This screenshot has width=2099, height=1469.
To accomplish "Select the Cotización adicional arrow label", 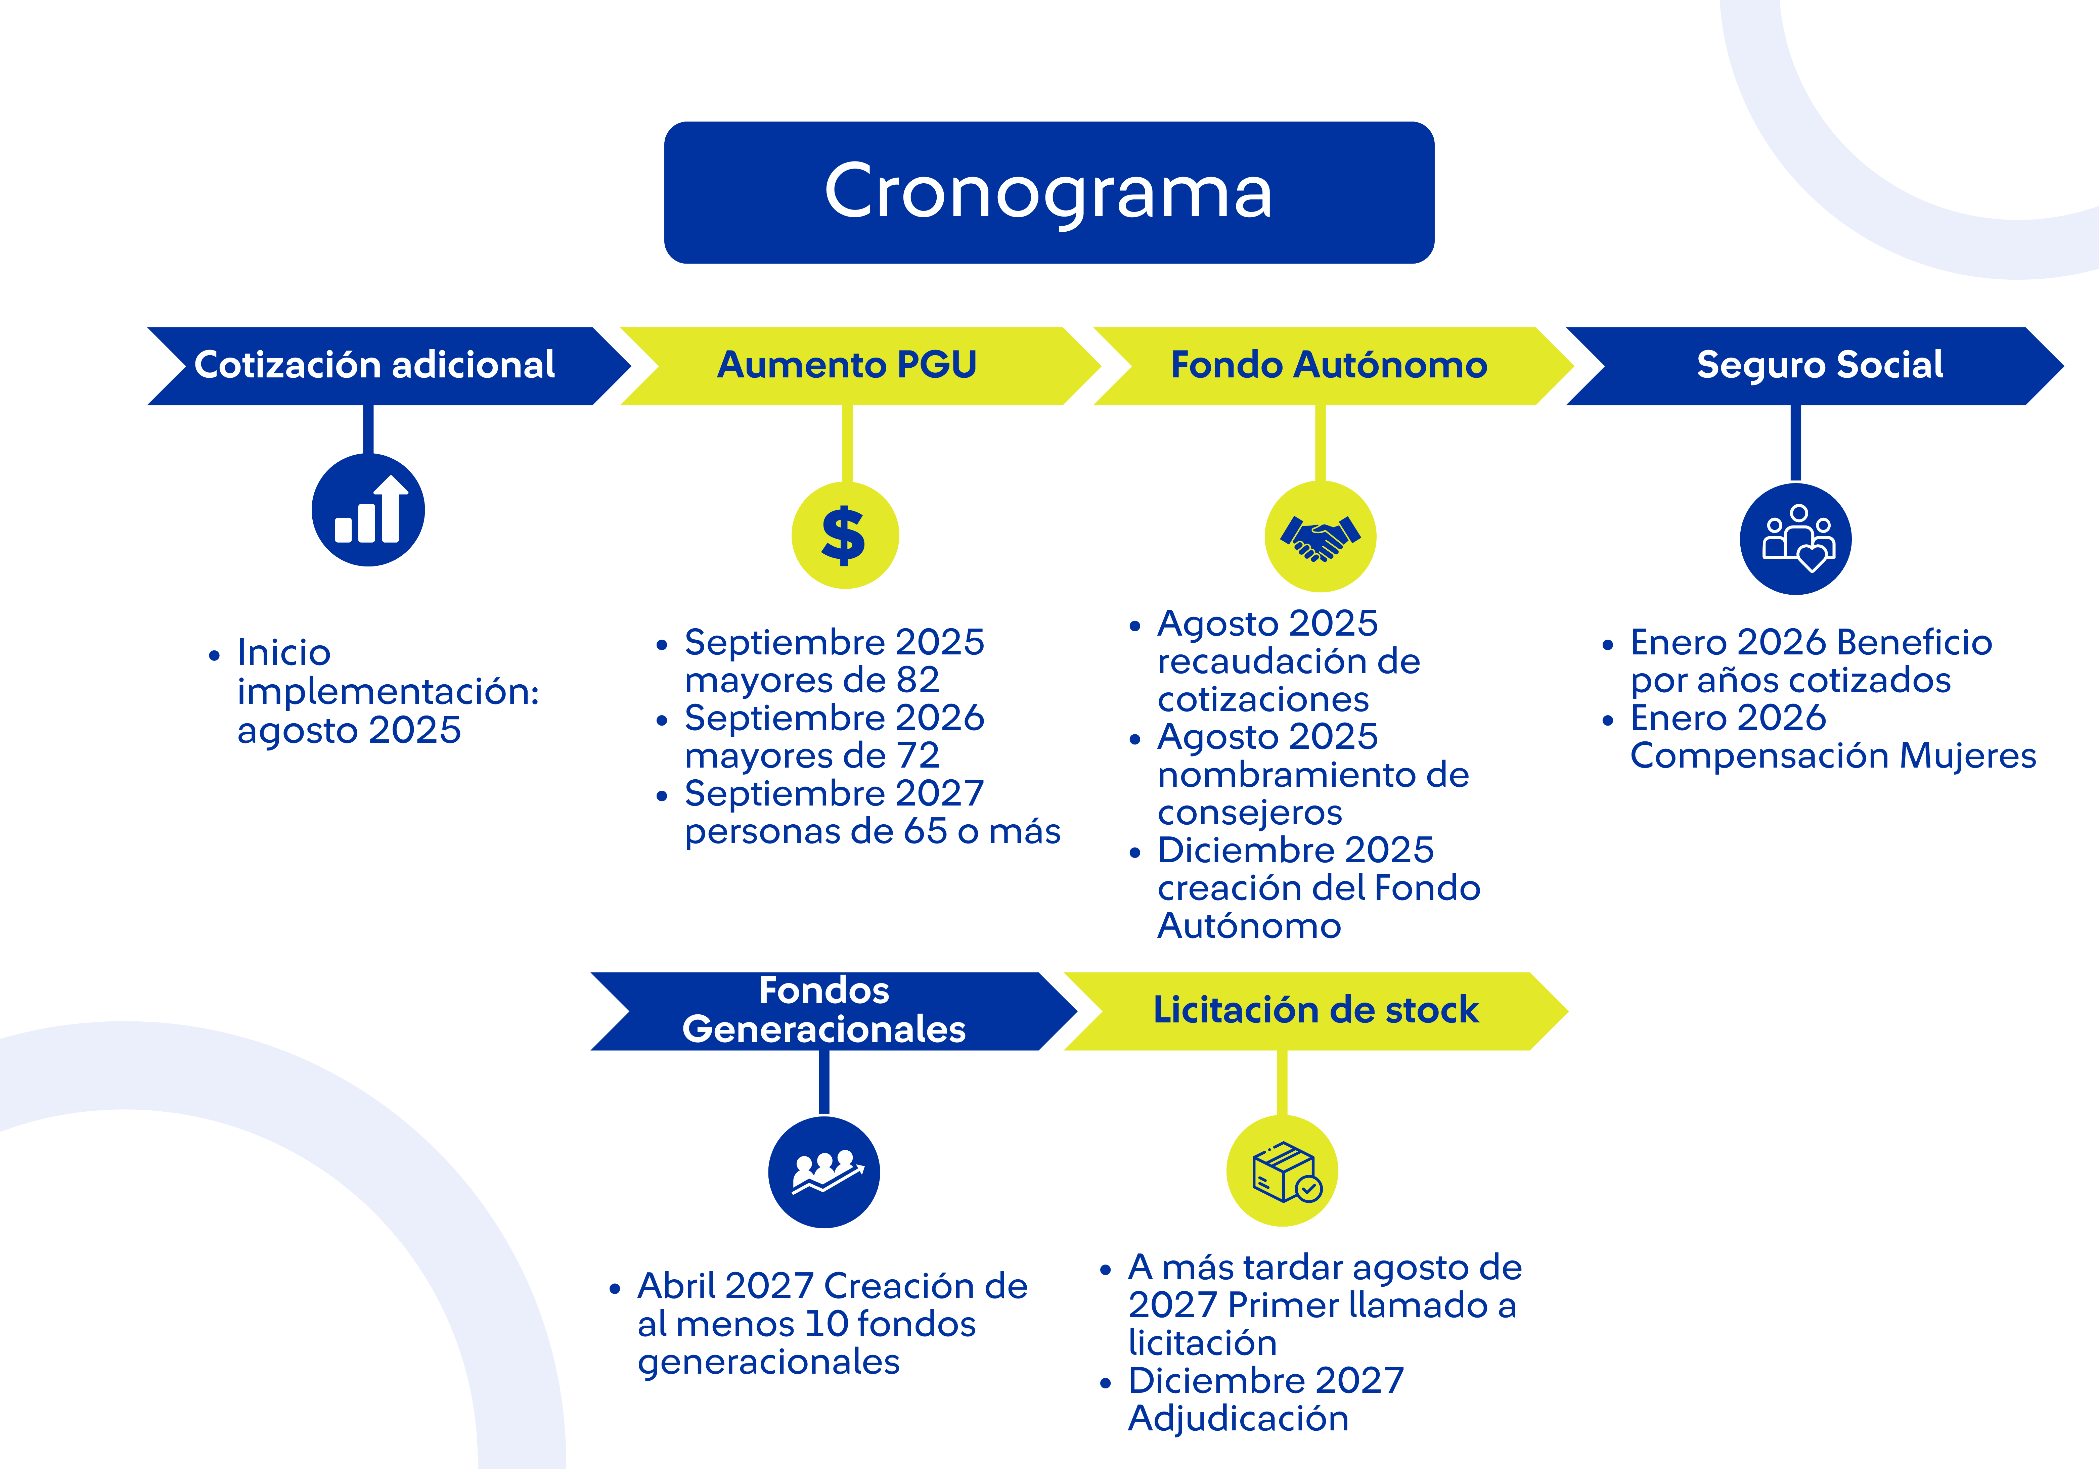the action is [375, 365].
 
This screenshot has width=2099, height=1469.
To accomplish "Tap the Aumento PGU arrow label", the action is [847, 365].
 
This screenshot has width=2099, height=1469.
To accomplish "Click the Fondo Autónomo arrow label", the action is [1329, 365].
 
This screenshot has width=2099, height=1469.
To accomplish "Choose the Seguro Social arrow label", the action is [1819, 365].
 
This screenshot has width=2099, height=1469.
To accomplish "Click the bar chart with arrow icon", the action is [368, 510].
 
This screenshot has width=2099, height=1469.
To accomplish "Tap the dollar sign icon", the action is [845, 535].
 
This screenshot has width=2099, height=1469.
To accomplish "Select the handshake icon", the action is [1320, 537].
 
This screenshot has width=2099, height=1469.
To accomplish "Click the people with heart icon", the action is [1795, 539].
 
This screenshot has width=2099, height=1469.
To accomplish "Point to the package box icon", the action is [1282, 1171].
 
